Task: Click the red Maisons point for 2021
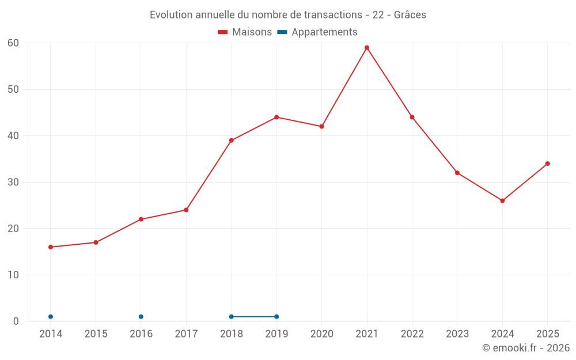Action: point(367,48)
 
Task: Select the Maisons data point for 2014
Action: point(51,247)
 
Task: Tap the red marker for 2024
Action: point(502,201)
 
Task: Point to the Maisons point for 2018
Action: point(232,141)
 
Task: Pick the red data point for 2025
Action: point(548,164)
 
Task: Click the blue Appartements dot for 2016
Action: point(141,317)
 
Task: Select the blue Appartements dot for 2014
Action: point(51,317)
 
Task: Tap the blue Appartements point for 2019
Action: point(276,317)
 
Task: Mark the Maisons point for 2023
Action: point(457,173)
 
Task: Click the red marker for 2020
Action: point(322,127)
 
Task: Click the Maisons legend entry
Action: point(245,32)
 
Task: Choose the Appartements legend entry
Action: point(317,32)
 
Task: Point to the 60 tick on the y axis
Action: point(13,43)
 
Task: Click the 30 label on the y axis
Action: point(13,182)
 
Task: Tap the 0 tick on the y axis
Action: point(16,321)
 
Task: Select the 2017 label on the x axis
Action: point(186,334)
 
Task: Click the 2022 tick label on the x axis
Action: point(412,334)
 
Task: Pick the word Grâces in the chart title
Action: point(410,15)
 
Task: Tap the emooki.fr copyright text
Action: point(526,348)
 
